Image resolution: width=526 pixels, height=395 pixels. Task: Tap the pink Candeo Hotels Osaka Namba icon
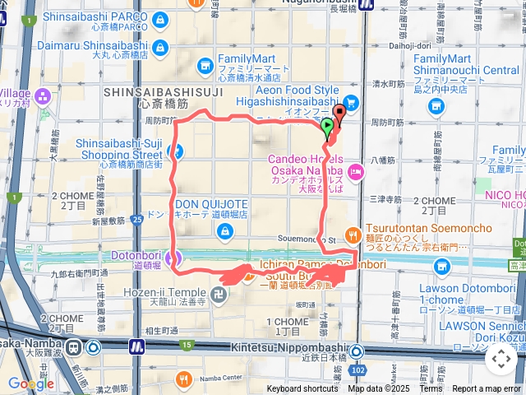356,171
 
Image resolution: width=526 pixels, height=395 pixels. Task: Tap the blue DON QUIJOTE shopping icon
222,233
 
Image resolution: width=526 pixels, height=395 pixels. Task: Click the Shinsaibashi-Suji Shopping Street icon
174,151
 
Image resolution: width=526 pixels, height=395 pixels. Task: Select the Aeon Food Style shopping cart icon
351,102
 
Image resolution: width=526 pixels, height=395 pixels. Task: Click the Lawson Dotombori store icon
442,266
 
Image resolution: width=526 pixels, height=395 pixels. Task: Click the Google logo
30,383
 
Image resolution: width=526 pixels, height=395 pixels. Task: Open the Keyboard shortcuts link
302,389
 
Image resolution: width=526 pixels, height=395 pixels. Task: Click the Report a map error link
487,389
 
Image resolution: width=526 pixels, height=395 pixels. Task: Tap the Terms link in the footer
431,389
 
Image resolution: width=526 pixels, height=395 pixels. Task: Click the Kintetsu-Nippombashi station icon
355,351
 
